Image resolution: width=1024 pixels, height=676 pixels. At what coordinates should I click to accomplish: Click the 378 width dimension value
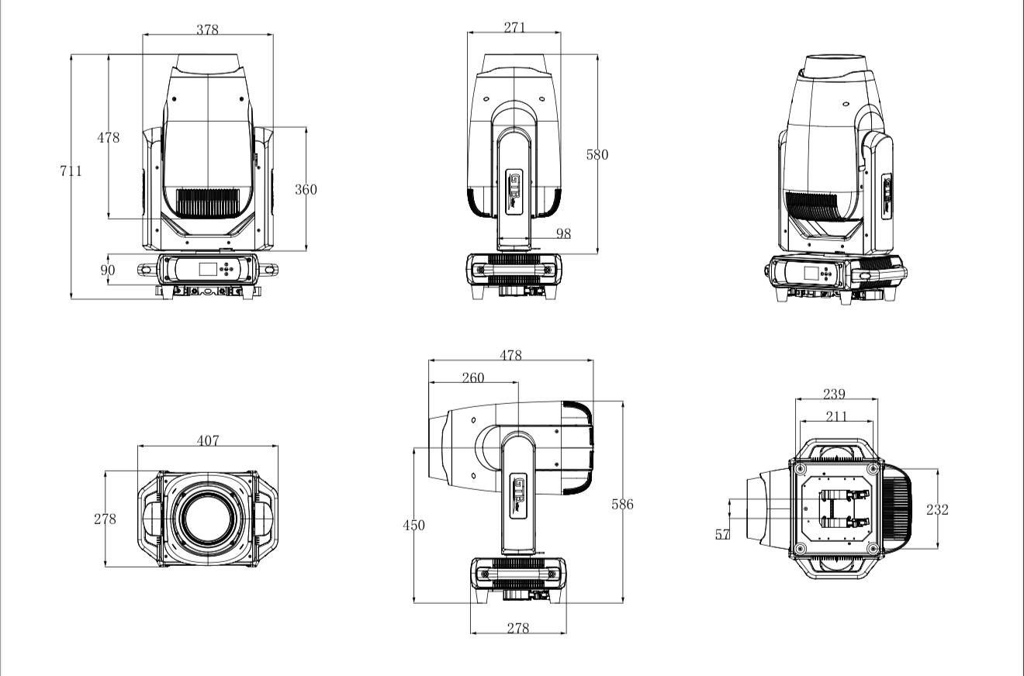207,30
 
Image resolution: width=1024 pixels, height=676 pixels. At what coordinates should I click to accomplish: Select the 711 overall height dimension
71,171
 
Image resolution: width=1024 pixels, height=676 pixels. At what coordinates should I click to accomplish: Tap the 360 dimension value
306,189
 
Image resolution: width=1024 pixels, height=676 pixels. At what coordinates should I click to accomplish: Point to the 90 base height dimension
108,270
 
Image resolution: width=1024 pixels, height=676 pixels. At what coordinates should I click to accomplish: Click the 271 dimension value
514,28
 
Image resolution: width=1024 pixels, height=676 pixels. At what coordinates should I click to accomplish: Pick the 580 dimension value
597,154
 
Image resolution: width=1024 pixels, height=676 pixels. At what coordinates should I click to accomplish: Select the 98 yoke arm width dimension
563,233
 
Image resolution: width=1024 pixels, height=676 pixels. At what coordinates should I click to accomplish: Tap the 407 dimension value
207,441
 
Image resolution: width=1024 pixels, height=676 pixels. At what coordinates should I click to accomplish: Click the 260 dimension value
472,378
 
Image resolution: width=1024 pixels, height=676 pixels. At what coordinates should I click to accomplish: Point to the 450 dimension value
413,525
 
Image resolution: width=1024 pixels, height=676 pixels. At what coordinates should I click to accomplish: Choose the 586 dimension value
622,504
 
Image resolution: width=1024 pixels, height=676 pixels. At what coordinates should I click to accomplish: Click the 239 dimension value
835,395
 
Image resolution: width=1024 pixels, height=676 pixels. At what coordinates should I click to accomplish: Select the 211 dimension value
836,416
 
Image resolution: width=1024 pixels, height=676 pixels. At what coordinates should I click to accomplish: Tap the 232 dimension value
937,509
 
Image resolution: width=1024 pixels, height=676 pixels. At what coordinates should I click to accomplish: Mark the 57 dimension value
722,534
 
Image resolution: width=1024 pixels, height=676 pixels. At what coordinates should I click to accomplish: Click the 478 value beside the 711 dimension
108,138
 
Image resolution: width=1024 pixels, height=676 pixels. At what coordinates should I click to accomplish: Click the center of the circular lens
208,519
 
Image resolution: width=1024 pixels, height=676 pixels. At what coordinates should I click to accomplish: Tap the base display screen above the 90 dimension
208,269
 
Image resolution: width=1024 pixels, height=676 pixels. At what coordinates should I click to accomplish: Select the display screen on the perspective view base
811,274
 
